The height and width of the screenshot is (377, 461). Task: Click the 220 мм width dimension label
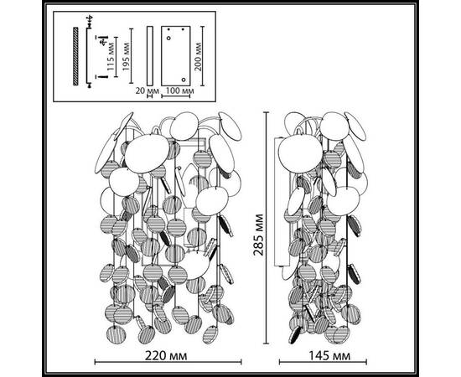click(166, 356)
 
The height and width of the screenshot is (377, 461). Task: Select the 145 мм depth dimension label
click(329, 356)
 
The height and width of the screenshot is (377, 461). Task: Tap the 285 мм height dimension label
click(258, 235)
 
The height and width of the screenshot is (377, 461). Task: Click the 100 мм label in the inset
click(179, 90)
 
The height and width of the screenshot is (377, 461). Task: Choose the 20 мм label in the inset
click(147, 90)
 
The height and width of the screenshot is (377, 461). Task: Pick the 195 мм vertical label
click(126, 57)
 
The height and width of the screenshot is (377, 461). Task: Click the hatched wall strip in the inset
click(75, 56)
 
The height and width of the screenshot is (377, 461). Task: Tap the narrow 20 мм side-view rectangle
click(150, 56)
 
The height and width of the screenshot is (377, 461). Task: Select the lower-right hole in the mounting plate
click(184, 80)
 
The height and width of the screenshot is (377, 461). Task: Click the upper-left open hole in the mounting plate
click(168, 39)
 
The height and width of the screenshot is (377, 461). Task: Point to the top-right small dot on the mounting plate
click(183, 29)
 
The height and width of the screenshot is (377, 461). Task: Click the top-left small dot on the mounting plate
click(168, 29)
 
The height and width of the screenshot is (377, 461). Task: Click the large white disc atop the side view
click(300, 153)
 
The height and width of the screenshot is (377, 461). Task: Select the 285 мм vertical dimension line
click(267, 228)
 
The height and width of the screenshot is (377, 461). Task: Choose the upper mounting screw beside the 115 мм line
click(103, 40)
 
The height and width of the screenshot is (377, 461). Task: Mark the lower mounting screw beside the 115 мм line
click(103, 76)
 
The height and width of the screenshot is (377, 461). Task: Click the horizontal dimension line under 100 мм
click(176, 96)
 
